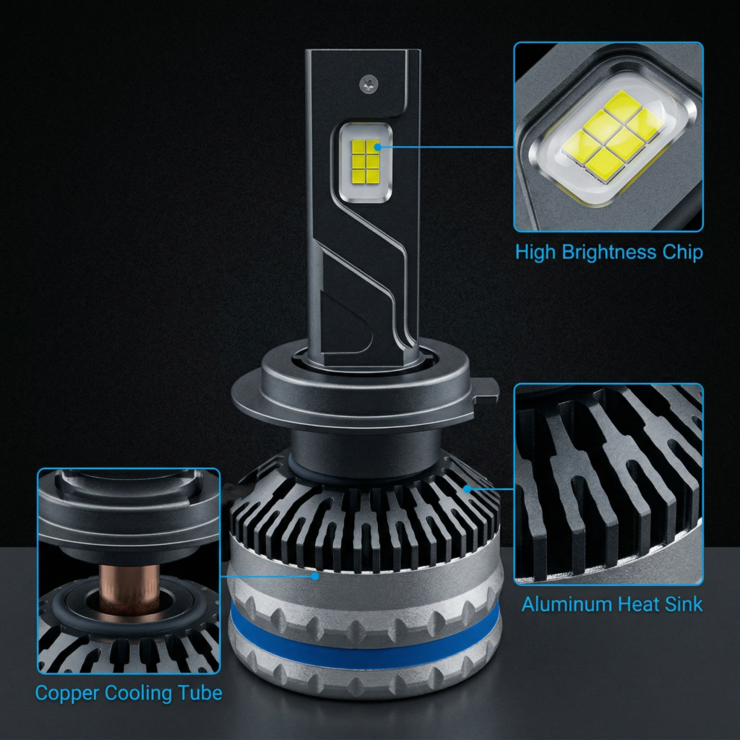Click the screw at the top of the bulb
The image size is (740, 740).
click(x=369, y=85)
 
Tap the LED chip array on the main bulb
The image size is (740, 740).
click(x=366, y=161)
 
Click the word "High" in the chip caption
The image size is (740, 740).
click(x=535, y=252)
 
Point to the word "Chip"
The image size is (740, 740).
click(x=682, y=252)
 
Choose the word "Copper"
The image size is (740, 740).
click(x=66, y=694)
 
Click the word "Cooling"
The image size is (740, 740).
click(x=138, y=694)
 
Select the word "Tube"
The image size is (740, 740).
click(x=200, y=693)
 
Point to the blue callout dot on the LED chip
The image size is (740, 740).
click(x=377, y=147)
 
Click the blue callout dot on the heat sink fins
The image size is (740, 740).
click(x=468, y=489)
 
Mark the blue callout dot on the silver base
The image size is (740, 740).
click(x=315, y=576)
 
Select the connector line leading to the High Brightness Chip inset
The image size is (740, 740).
click(x=447, y=147)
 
